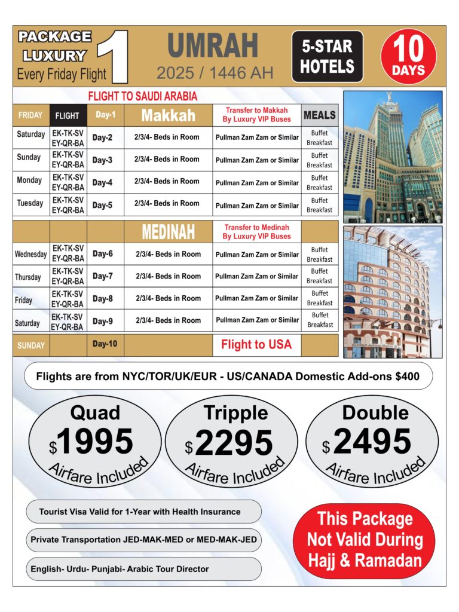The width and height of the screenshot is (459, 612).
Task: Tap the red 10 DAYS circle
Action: click(408, 57)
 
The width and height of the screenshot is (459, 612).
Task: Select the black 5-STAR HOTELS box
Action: click(327, 57)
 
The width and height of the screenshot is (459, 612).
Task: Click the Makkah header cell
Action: click(168, 115)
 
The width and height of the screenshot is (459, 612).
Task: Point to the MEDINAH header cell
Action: click(168, 231)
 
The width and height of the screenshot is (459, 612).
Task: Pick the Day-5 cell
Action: click(102, 205)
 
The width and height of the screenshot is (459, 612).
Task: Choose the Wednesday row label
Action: click(30, 254)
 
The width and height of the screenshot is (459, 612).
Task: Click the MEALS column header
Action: click(319, 115)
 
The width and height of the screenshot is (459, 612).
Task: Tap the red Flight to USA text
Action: click(256, 344)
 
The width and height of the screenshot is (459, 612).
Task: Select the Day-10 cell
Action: click(105, 344)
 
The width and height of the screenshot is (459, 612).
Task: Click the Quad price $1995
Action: click(95, 442)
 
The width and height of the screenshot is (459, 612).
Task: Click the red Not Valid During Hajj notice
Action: click(365, 540)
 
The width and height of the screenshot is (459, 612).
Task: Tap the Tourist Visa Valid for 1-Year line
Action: click(140, 512)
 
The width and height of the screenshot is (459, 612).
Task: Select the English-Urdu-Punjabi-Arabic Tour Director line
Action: click(120, 569)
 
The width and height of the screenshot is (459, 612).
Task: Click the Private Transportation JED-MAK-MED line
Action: click(143, 540)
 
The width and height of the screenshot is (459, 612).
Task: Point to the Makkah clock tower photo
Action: click(392, 157)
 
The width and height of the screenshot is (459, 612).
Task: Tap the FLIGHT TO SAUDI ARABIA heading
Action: click(142, 96)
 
